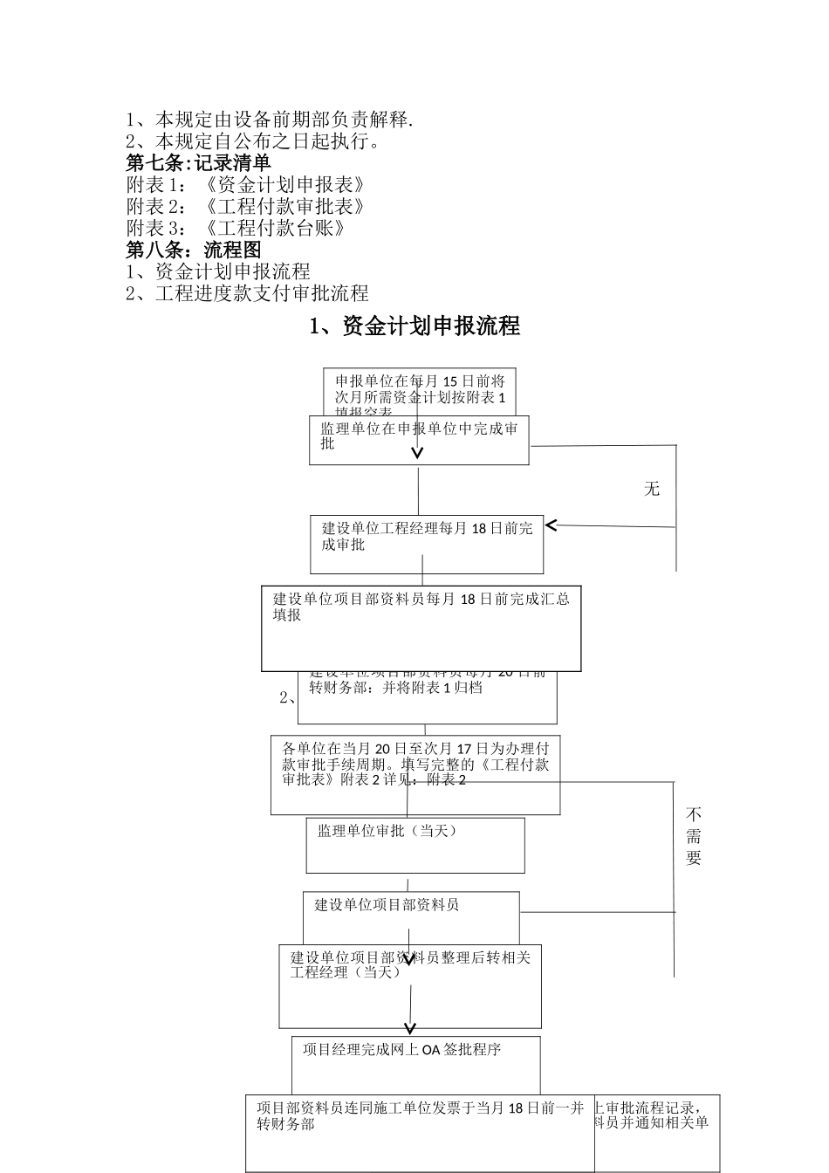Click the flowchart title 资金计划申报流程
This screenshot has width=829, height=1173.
(x=414, y=326)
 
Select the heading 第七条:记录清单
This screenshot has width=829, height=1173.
(x=199, y=162)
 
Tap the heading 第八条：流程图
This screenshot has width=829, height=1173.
(x=194, y=250)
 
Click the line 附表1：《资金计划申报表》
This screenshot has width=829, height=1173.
(x=245, y=184)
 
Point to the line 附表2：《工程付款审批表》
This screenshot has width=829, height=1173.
(x=245, y=206)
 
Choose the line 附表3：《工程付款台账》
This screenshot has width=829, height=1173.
(x=236, y=228)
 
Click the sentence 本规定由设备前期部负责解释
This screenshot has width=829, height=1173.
(x=271, y=120)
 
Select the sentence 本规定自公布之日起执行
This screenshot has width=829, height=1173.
(x=253, y=141)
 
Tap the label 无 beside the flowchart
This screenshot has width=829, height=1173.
(x=652, y=489)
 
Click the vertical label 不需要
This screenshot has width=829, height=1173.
(x=694, y=836)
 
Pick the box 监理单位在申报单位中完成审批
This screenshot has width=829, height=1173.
(x=419, y=439)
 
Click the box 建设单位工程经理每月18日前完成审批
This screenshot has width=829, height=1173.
(x=427, y=544)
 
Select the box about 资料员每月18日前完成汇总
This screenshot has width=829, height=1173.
(x=421, y=628)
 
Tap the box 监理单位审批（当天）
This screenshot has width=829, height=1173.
(x=415, y=845)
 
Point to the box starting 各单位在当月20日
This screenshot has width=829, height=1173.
(x=415, y=774)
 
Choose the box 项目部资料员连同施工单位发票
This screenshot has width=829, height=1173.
(x=420, y=1133)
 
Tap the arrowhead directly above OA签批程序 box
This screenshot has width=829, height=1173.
(x=410, y=1028)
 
